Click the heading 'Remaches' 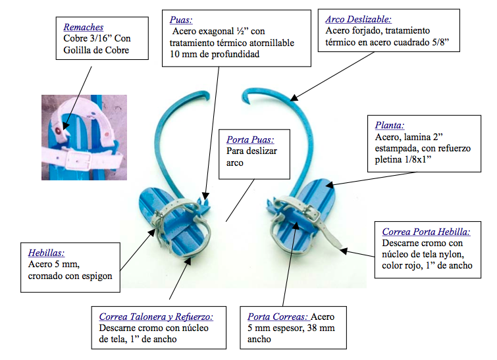click(x=83, y=27)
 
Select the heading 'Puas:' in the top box click(x=180, y=20)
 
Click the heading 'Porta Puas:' click(x=250, y=140)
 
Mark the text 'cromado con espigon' click(x=70, y=276)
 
